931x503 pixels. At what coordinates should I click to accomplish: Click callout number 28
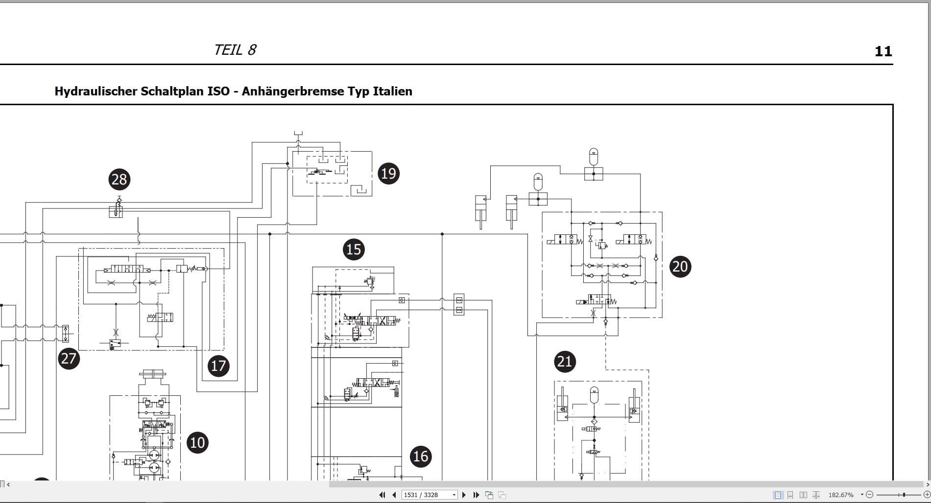coord(119,180)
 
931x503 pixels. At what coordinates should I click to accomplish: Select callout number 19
coord(388,174)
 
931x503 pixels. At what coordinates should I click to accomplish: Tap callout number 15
coord(354,250)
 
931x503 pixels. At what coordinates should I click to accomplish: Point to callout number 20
coord(680,267)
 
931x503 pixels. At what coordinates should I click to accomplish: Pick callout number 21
coord(565,362)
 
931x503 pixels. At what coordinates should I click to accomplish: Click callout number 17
coord(218,366)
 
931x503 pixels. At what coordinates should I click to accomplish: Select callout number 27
coord(69,359)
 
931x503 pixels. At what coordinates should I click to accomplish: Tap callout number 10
coord(197,443)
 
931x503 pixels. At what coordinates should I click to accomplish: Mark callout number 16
coord(421,457)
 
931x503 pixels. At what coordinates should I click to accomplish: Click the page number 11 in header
coord(883,51)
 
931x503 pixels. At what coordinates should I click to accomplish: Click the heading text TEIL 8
coord(235,50)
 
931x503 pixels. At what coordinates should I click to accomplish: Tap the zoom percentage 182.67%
coord(840,495)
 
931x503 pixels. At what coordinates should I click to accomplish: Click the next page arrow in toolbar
coord(464,495)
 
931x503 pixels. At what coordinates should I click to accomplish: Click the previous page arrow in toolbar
coord(394,495)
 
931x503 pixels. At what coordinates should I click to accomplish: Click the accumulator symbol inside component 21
coord(594,395)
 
